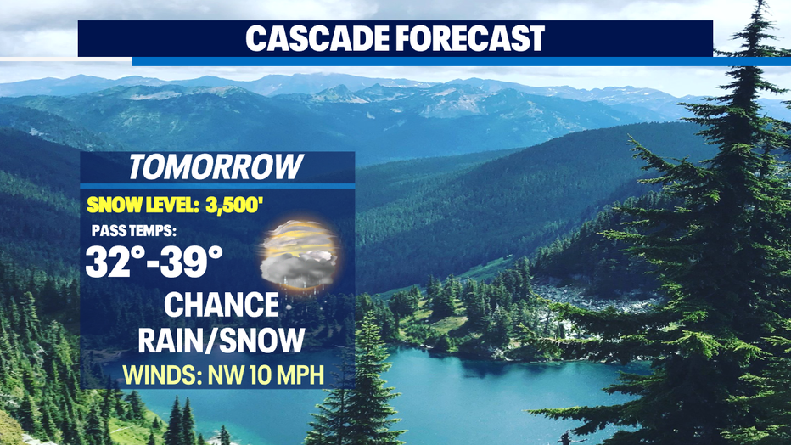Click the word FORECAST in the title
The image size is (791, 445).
470,38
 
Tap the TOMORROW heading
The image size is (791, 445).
216,167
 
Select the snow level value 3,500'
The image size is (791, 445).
234,206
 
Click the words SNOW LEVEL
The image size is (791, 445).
143,206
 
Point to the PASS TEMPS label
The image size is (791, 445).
134,231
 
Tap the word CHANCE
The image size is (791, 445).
222,305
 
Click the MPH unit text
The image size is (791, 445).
299,375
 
